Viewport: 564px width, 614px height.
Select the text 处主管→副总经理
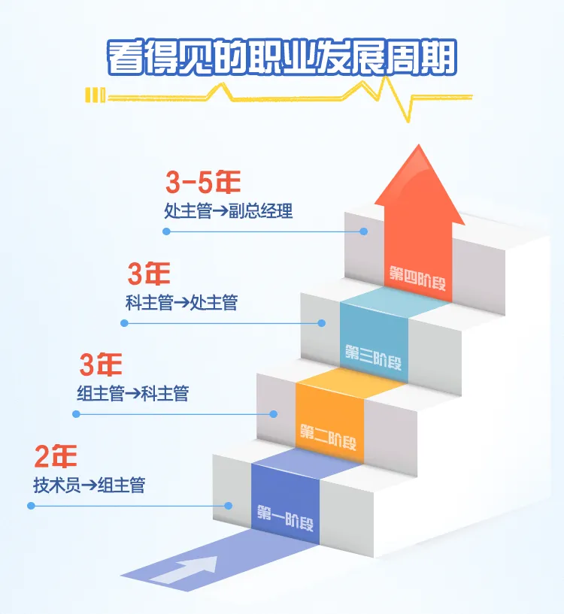[229, 211]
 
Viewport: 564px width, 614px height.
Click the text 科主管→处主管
[181, 303]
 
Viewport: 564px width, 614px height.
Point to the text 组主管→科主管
[132, 393]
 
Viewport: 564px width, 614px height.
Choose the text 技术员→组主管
[89, 485]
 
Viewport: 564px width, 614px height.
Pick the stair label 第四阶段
[418, 272]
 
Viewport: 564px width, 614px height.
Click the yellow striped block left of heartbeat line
[95, 95]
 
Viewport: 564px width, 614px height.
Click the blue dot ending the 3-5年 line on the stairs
[364, 231]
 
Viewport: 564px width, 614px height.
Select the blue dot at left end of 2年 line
[31, 506]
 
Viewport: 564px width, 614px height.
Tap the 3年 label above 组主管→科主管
[101, 365]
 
